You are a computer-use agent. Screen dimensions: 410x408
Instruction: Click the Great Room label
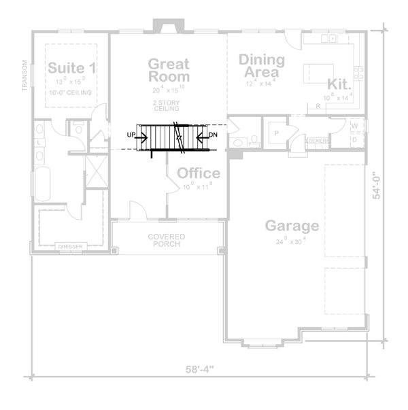click(x=169, y=70)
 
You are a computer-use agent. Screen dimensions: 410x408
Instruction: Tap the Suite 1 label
click(x=71, y=68)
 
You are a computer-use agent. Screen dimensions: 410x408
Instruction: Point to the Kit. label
click(x=339, y=84)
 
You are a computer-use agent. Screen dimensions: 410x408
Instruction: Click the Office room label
click(x=198, y=173)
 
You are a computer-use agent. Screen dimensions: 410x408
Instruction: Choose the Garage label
click(x=292, y=226)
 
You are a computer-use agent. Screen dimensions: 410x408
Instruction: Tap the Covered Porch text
click(x=167, y=240)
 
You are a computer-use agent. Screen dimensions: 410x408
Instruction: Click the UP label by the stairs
click(x=131, y=135)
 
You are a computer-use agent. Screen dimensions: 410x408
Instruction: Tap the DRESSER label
click(x=70, y=245)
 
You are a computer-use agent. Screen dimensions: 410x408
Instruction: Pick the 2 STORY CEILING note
click(x=166, y=105)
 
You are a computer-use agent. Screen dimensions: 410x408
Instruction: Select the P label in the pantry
click(x=277, y=133)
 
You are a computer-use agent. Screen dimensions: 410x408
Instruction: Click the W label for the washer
click(x=355, y=126)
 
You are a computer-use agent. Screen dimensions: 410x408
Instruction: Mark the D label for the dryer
click(x=355, y=139)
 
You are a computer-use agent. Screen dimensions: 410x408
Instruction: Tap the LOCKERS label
click(x=317, y=141)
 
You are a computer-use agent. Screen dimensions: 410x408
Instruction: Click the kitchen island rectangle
click(x=318, y=70)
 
